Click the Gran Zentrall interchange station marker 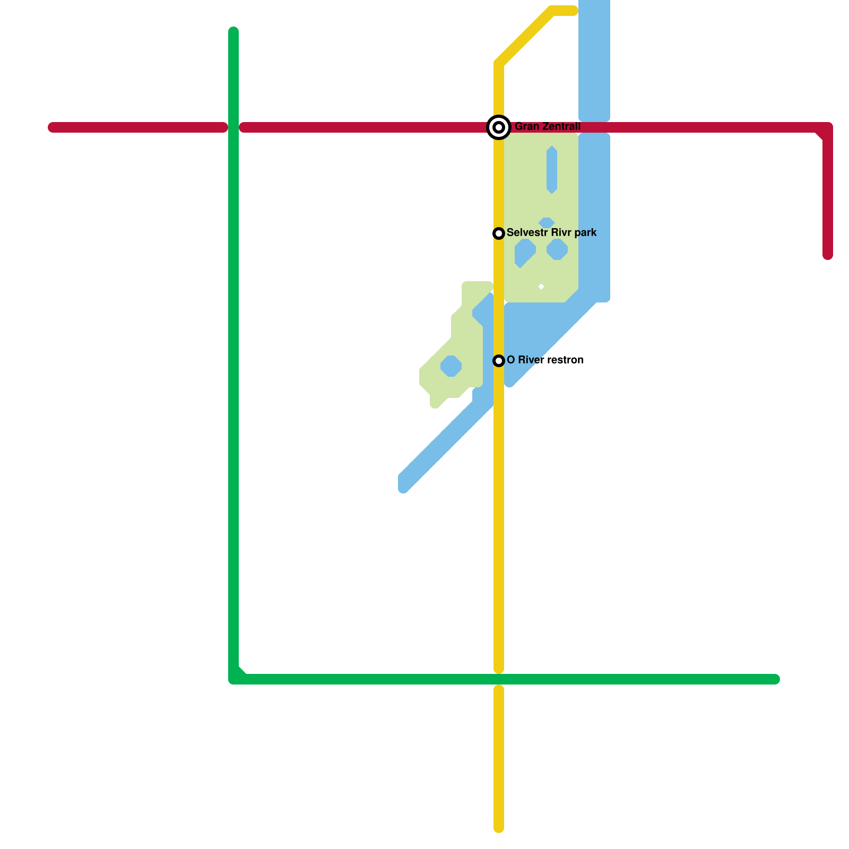[499, 127]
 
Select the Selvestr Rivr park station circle [499, 233]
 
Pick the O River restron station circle [499, 361]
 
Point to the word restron [565, 360]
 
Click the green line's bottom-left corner [234, 679]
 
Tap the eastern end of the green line [775, 679]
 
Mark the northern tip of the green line [233, 31]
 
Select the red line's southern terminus [828, 256]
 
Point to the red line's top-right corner [827, 128]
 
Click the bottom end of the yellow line [499, 828]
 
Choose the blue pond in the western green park [451, 366]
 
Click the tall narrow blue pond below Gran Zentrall [552, 170]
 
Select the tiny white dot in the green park [541, 287]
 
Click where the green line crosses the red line [233, 127]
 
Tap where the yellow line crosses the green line [499, 679]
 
